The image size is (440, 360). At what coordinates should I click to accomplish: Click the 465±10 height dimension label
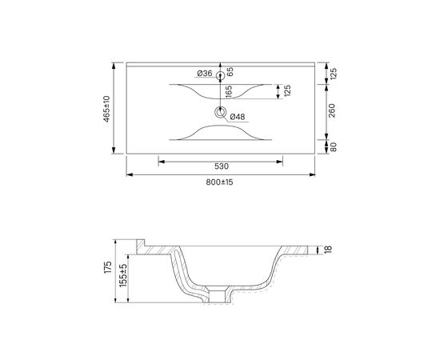[106, 109]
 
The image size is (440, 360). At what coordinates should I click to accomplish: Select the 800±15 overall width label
[219, 182]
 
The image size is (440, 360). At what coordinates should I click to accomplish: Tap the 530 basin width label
[222, 166]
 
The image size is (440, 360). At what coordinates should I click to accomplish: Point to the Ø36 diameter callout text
[204, 74]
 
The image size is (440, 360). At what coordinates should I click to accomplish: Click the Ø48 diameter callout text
[238, 117]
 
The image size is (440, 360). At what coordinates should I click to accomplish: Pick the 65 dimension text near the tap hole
[230, 71]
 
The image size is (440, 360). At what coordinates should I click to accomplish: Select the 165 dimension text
[229, 92]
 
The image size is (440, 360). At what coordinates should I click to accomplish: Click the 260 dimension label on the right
[332, 110]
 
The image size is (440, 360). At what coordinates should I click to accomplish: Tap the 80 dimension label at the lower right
[333, 147]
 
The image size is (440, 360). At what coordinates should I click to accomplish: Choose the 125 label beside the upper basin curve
[287, 91]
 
